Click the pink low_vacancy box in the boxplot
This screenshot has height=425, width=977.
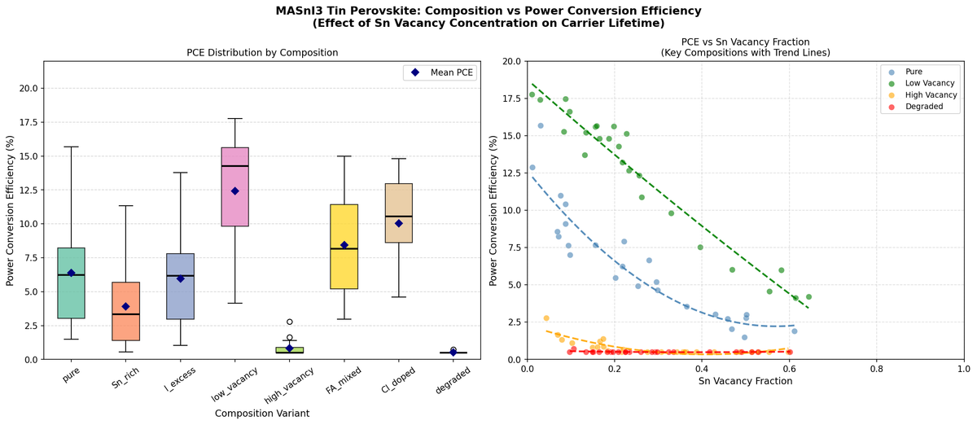(x=234, y=186)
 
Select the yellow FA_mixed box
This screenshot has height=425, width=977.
(x=344, y=247)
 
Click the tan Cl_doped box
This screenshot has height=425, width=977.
(x=398, y=212)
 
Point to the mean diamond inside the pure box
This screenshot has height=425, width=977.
(x=71, y=273)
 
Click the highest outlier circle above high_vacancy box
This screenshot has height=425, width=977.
(x=289, y=322)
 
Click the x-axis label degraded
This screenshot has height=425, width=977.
(x=452, y=381)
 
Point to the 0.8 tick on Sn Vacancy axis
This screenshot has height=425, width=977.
(x=876, y=368)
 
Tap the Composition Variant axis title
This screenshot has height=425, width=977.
(x=261, y=414)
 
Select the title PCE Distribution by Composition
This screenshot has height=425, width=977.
(x=261, y=52)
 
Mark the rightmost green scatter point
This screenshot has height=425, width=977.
(x=808, y=297)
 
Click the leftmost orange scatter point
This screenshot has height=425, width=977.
(x=546, y=318)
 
